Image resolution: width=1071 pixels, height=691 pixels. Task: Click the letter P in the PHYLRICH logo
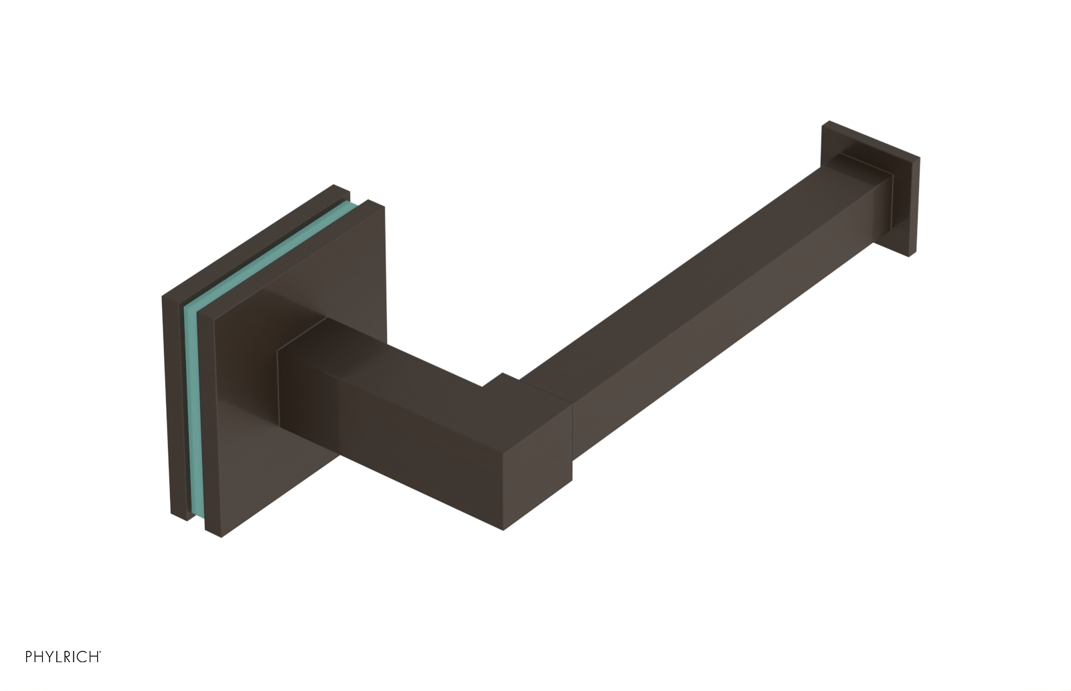click(29, 657)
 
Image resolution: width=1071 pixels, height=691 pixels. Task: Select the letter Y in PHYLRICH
click(50, 657)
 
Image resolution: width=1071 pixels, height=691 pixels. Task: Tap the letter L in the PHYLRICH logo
click(59, 657)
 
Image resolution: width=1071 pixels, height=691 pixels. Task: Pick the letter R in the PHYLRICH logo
click(68, 657)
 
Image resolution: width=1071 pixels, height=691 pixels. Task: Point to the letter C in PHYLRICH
click(82, 657)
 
